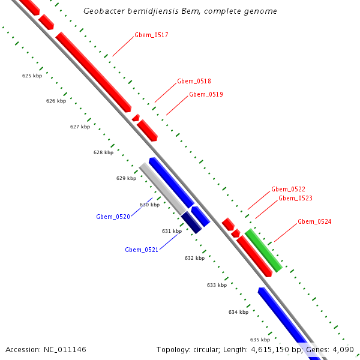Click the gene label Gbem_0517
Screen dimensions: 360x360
[x=151, y=35]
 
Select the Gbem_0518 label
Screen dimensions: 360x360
[x=194, y=81]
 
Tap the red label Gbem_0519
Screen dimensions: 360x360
[x=206, y=94]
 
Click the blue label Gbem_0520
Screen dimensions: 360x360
[x=113, y=217]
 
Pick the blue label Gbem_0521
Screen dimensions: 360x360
[x=142, y=250]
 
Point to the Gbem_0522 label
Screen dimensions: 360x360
[x=288, y=189]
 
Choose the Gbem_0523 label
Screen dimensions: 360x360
[x=295, y=198]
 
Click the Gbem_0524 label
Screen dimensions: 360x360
[x=314, y=221]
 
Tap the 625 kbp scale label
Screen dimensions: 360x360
[x=32, y=76]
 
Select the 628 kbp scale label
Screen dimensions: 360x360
[x=103, y=152]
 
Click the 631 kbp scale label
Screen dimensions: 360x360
[x=172, y=231]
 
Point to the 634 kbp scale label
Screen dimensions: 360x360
[x=238, y=312]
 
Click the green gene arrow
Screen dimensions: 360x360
[x=263, y=250]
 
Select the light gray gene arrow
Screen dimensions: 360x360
[x=163, y=189]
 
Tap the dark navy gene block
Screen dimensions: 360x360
[x=191, y=222]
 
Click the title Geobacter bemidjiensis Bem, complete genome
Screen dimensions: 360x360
[x=180, y=11]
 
